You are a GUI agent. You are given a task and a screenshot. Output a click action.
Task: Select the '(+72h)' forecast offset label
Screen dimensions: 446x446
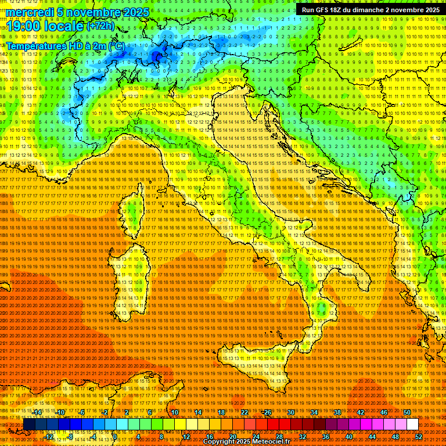100,26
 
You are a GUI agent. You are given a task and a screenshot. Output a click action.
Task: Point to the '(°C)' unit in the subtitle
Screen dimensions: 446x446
116,45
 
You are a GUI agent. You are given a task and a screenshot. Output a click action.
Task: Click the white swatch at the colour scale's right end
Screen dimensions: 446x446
412,425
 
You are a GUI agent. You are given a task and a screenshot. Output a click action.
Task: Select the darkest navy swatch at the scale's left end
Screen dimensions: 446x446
28,425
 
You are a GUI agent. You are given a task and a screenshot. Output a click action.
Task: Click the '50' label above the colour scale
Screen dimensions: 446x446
407,412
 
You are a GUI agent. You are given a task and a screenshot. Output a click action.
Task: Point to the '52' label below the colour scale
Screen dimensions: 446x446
418,437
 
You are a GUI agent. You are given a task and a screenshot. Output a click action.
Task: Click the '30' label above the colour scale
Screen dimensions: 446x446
291,412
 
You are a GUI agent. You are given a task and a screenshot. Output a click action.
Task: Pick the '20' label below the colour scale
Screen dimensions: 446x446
232,437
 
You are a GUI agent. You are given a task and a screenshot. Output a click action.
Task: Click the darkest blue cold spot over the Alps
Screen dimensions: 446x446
157,56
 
